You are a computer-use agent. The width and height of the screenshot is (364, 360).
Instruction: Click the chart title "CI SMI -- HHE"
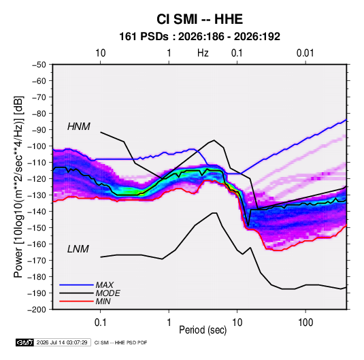pos(199,19)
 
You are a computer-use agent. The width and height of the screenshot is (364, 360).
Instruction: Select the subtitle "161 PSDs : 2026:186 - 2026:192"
pos(199,37)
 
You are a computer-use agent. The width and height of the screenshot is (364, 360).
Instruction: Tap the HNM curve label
pos(79,127)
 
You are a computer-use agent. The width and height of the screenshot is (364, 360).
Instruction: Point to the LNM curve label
pos(78,249)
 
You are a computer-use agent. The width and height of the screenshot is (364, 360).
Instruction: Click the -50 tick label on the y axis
pos(39,65)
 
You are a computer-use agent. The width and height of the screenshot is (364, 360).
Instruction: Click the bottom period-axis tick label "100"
pos(305,323)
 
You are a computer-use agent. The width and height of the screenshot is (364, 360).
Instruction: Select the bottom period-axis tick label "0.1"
pos(100,323)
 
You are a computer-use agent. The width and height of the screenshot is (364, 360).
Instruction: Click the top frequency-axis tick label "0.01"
pos(305,53)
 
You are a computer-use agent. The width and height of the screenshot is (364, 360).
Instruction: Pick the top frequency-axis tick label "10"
pos(101,53)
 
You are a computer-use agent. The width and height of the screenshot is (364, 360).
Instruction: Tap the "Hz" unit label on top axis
pos(203,53)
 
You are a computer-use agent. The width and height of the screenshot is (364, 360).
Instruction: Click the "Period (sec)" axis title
pos(203,330)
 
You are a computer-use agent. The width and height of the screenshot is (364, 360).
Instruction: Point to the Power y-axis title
pos(18,187)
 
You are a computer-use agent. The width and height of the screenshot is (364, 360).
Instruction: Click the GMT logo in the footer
pos(25,342)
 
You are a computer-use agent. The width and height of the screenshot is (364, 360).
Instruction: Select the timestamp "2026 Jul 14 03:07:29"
pos(62,342)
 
